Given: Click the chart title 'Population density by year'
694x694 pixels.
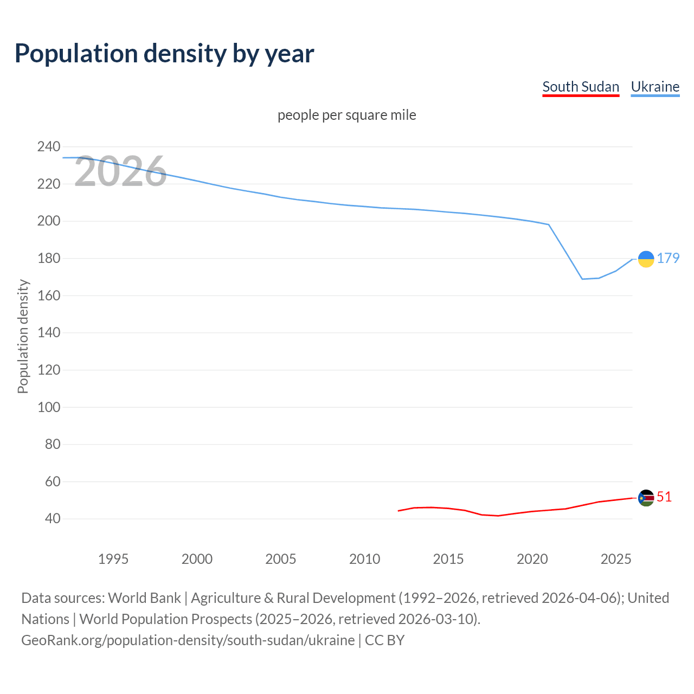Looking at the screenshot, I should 164,53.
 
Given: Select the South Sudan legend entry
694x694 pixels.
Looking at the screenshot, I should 581,87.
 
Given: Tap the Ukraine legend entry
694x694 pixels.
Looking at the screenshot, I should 655,87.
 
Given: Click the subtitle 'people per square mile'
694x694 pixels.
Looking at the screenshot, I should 347,115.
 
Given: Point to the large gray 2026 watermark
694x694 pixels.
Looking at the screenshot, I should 120,172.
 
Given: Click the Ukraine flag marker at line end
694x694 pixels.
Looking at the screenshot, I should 646,259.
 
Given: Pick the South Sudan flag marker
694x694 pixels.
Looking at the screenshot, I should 646,498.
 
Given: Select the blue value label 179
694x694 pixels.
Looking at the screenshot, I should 668,258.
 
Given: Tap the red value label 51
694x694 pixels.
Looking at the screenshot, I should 664,497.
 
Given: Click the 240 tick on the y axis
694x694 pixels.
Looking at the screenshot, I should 49,147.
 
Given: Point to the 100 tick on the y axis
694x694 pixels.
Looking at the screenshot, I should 49,407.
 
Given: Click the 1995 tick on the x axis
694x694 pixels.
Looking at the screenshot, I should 113,559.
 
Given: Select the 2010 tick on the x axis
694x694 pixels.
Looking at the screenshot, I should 364,559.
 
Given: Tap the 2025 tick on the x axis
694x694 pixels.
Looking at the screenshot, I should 616,559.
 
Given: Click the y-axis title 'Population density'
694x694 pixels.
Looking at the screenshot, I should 23,336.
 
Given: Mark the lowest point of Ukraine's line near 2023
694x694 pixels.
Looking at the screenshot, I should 582,279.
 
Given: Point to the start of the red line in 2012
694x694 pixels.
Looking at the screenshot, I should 399,511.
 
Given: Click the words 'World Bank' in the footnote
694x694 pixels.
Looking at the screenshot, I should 144,598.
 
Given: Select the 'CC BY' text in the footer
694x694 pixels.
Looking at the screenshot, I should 384,640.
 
